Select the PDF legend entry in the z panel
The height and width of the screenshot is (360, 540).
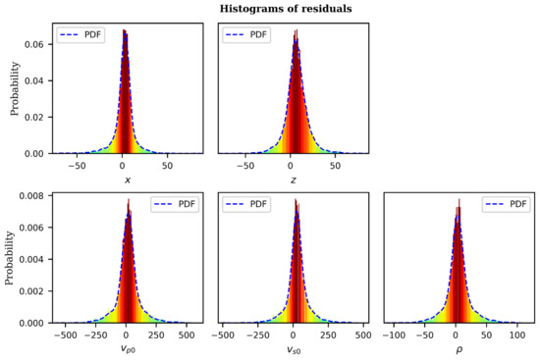pyautogui.click(x=253, y=34)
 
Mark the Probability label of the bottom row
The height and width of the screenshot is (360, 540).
pyautogui.click(x=15, y=256)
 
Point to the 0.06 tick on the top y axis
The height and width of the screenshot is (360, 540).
pyautogui.click(x=32, y=44)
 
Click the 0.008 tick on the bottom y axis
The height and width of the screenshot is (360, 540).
pyautogui.click(x=30, y=195)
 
